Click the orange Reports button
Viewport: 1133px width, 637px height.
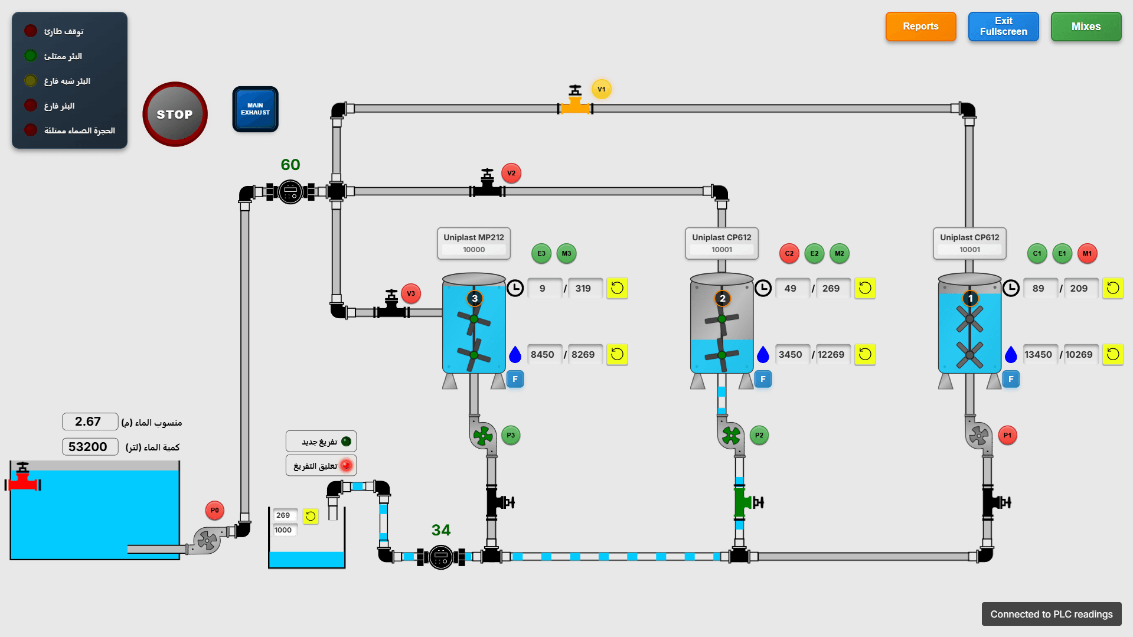click(920, 27)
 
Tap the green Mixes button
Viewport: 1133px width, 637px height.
click(1086, 27)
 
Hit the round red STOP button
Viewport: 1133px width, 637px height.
click(175, 114)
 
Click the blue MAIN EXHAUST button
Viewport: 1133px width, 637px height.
click(255, 109)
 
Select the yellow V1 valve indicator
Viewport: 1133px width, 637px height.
click(601, 89)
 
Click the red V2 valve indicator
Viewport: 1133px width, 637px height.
click(511, 173)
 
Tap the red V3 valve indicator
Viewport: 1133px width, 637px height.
click(411, 293)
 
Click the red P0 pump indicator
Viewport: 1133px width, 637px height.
click(214, 510)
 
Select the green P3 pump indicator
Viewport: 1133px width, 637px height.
click(511, 435)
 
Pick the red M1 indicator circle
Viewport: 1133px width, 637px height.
click(1087, 253)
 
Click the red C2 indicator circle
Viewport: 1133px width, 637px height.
click(789, 253)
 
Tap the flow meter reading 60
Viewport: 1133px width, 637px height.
click(290, 165)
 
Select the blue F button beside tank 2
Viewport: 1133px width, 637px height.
click(763, 379)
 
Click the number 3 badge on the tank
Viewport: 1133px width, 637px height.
click(474, 298)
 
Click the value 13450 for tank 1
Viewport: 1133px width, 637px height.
click(1038, 355)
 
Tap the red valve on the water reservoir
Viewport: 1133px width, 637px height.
click(23, 481)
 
